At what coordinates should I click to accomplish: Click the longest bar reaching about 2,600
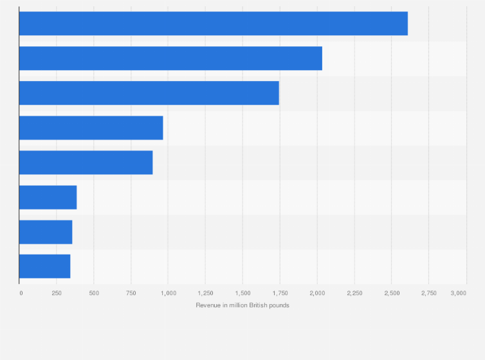(213, 24)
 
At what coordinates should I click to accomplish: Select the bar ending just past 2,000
(170, 59)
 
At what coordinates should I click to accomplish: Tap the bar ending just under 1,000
(91, 128)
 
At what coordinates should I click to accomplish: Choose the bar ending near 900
(86, 163)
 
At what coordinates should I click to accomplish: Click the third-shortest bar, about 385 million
(48, 197)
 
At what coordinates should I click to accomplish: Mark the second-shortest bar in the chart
(46, 232)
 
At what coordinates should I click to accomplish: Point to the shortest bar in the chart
(44, 266)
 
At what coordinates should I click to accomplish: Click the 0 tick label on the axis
(21, 293)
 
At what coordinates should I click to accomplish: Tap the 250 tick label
(57, 293)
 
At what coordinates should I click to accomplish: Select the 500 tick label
(94, 293)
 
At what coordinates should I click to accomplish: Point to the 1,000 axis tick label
(168, 293)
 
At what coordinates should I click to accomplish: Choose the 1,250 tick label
(205, 293)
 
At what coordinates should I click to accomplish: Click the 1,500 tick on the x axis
(243, 293)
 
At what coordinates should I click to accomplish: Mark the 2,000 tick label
(317, 293)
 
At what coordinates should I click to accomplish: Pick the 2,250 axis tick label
(354, 293)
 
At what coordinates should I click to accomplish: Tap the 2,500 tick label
(391, 293)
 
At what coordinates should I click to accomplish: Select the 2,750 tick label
(428, 293)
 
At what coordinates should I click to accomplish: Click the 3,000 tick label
(458, 293)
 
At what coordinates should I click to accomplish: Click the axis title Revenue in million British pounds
(243, 305)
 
